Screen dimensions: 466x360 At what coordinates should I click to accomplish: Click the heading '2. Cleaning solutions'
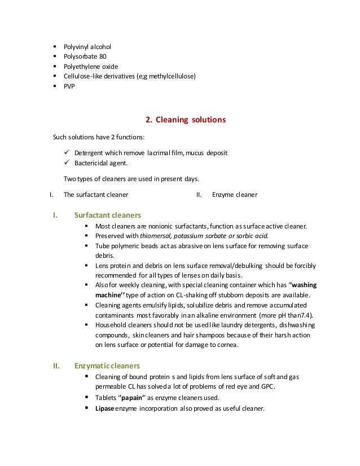(186, 120)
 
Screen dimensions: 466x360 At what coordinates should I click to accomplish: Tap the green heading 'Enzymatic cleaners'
(107, 366)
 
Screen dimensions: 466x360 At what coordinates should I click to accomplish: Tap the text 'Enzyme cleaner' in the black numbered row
(235, 195)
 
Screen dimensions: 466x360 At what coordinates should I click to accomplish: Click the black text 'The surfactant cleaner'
(95, 195)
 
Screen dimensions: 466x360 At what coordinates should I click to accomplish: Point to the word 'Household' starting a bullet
(112, 326)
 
